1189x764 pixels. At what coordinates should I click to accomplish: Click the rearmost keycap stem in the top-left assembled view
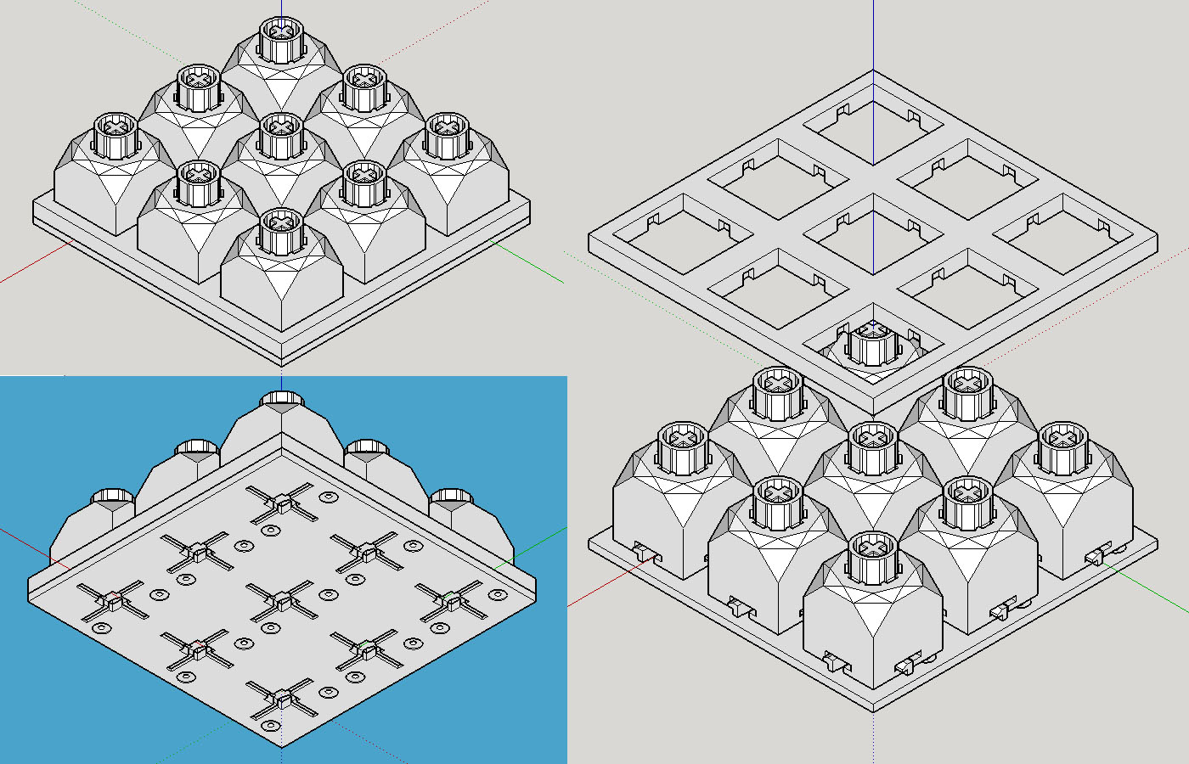point(281,38)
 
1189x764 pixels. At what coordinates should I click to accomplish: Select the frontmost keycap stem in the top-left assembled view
point(281,229)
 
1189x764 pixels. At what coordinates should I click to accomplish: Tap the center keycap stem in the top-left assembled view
point(281,134)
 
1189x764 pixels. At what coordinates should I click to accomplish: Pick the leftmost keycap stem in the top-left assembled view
point(115,134)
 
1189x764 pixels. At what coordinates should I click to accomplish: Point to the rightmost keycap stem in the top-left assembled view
point(448,134)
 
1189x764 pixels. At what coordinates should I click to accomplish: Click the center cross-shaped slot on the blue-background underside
point(281,599)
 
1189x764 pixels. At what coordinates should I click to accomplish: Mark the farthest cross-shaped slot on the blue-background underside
point(281,503)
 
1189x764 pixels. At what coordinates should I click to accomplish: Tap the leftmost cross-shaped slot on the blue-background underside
point(111,600)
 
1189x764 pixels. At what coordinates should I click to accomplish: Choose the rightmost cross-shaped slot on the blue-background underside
point(451,599)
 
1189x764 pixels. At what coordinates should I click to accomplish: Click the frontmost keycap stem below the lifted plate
point(872,556)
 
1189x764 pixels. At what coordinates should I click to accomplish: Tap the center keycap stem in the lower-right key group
point(872,447)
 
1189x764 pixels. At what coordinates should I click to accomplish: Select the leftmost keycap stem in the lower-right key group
point(684,447)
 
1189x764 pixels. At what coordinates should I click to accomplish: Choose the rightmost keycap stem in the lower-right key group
point(1062,447)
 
